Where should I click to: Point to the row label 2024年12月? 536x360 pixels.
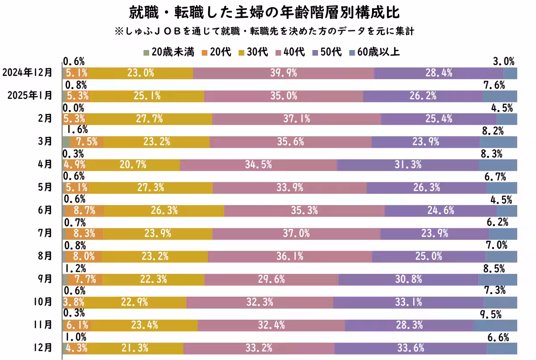point(27,72)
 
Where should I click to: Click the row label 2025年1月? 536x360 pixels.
point(30,96)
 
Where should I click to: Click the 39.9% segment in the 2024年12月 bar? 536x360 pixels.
point(284,73)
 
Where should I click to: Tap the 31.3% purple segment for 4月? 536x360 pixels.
point(408,165)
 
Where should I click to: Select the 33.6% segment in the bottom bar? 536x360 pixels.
point(410,348)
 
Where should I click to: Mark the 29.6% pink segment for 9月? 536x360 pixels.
point(272,280)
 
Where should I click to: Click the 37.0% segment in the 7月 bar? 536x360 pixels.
point(296,234)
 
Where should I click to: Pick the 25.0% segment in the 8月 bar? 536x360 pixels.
point(428,256)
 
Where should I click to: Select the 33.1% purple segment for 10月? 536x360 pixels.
point(409,302)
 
